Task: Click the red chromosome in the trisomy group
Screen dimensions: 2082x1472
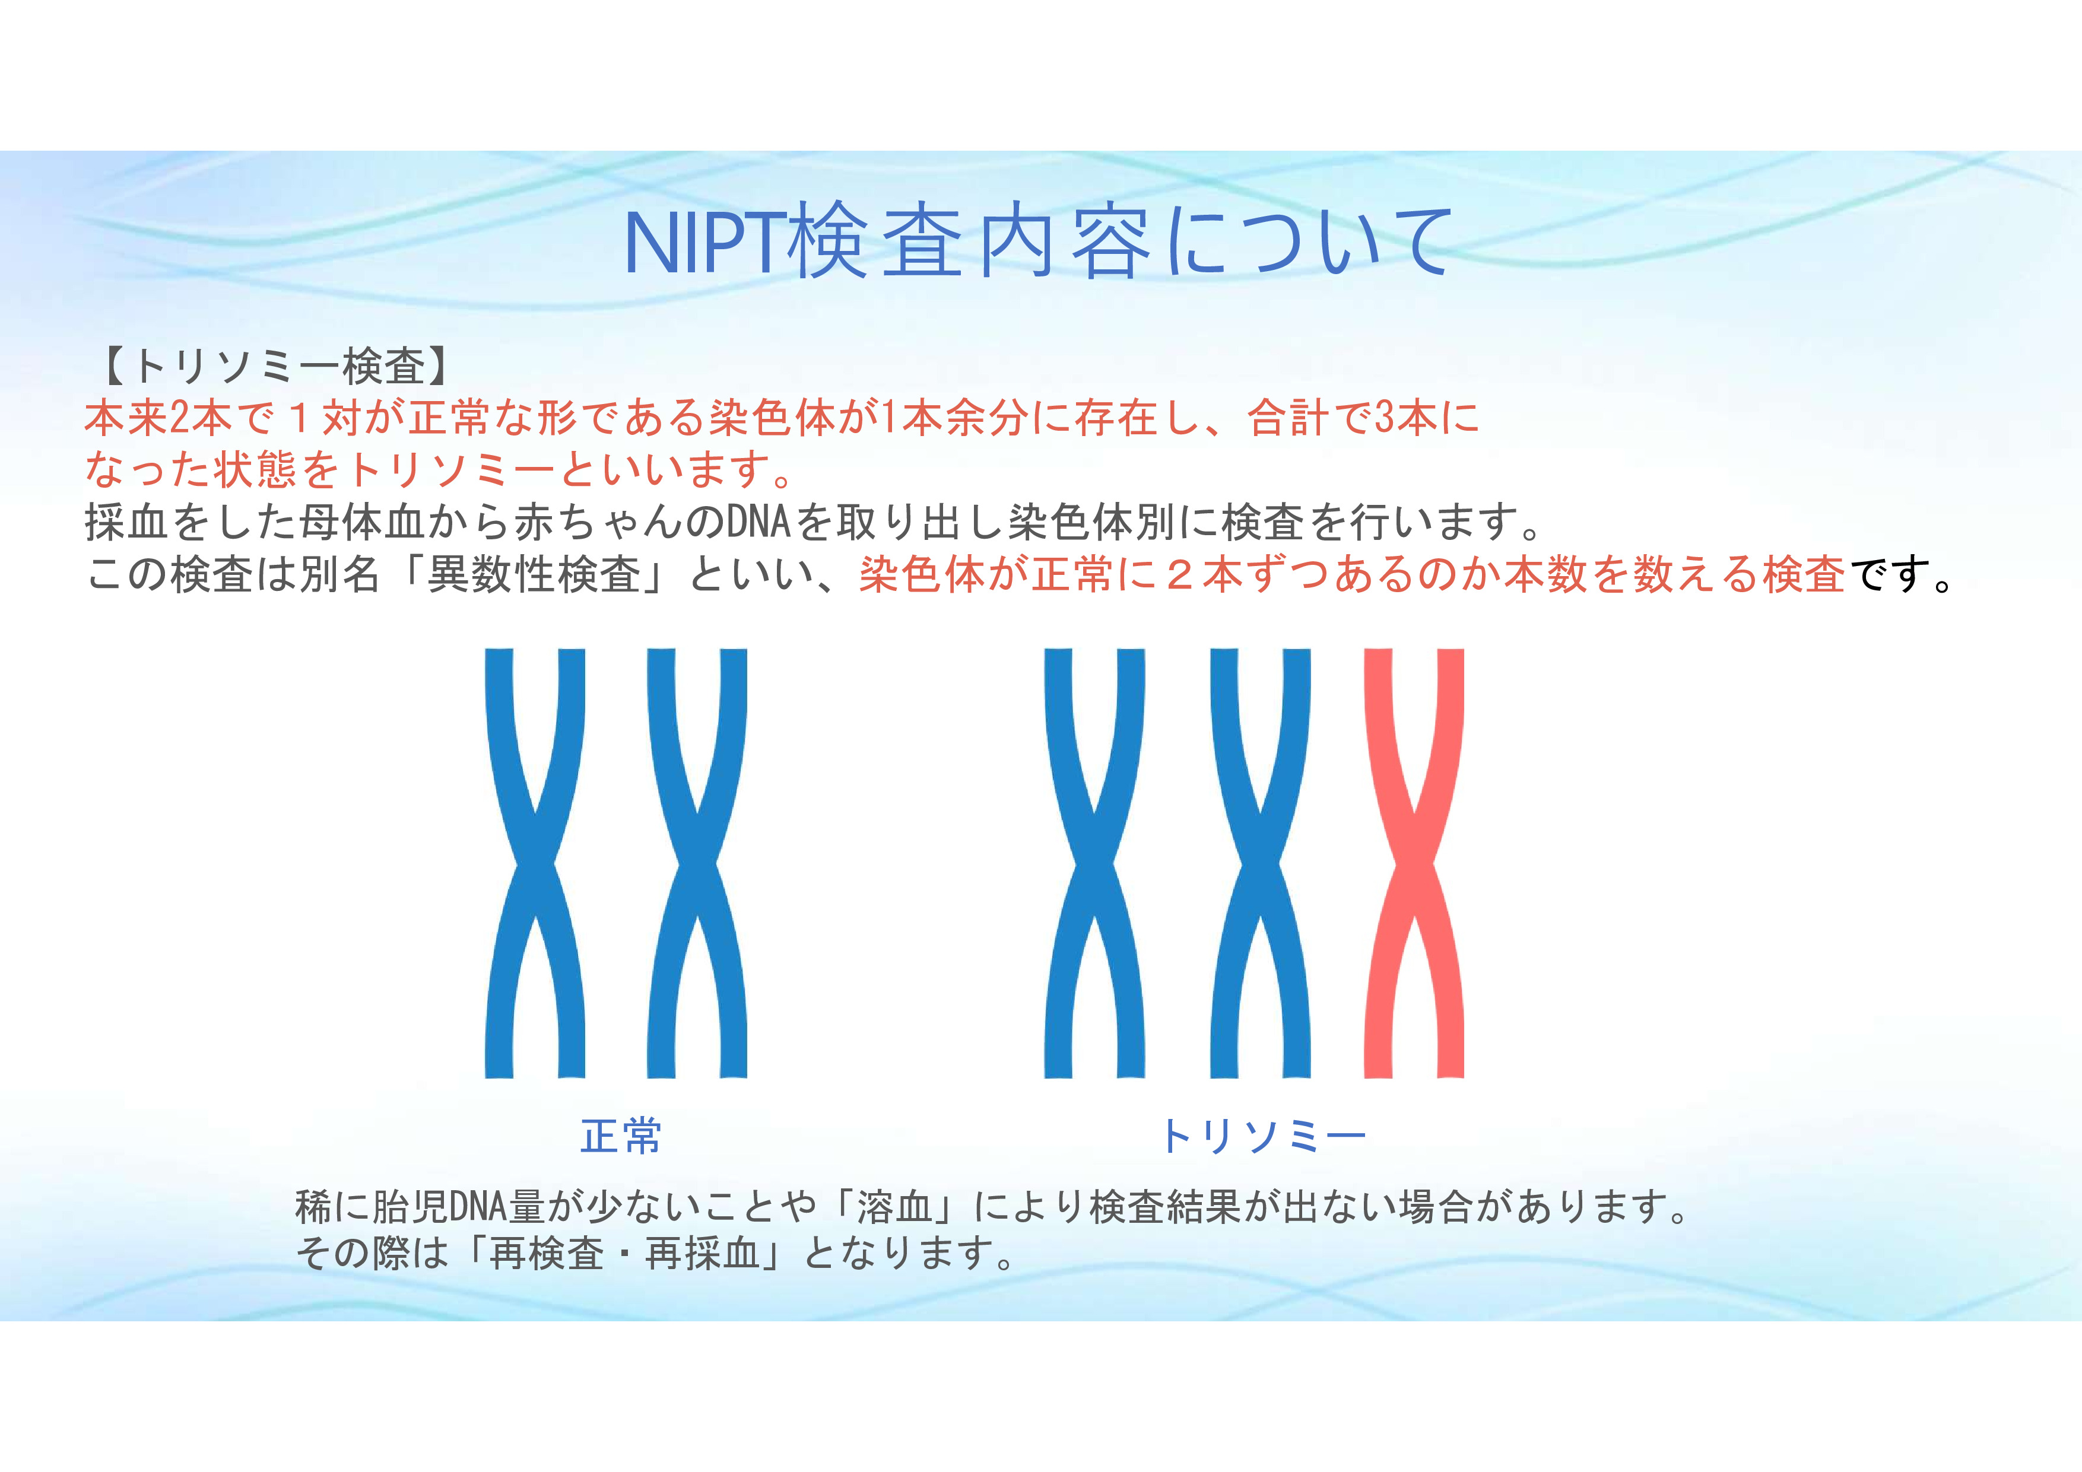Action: point(1414,863)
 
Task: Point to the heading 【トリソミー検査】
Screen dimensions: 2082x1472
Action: point(271,366)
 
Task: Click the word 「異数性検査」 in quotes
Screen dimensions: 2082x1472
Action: point(534,574)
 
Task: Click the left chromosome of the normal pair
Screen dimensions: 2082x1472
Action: point(535,863)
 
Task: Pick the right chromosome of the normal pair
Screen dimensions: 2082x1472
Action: point(696,863)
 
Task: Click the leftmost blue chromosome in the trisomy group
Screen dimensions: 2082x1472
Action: point(1094,863)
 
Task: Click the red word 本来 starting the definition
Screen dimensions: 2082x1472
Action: point(127,418)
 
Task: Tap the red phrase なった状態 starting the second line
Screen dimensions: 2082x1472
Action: point(191,469)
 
